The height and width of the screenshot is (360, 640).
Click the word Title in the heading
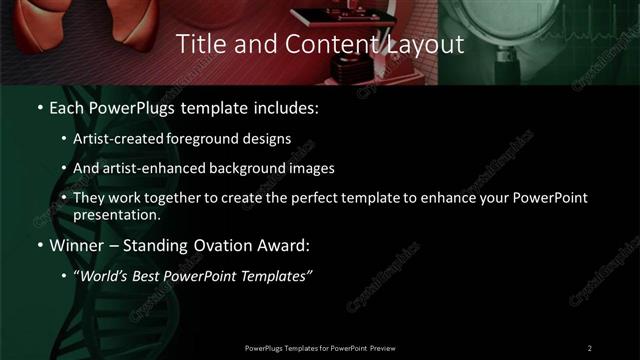tap(201, 44)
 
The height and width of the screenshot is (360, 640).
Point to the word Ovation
tap(198, 245)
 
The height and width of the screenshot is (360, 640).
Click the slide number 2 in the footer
tap(590, 348)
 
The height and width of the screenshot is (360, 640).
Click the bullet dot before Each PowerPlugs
tap(38, 105)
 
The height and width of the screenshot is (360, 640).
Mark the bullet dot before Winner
tap(38, 245)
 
